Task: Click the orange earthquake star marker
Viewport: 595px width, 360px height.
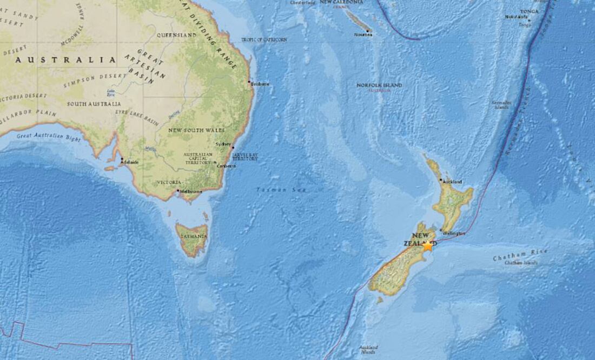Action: pos(428,246)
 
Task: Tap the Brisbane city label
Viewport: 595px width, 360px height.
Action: pos(260,84)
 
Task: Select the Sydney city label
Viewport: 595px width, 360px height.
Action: pos(223,144)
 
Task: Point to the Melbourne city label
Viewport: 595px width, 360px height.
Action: pos(191,192)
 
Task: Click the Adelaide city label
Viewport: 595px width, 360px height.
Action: pos(130,162)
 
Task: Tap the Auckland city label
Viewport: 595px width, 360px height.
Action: pos(452,182)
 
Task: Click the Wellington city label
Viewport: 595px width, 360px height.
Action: pos(454,233)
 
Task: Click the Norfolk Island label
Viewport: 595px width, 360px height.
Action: pos(379,85)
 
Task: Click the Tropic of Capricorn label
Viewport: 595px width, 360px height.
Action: pos(264,40)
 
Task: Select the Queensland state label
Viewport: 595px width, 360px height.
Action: pos(176,35)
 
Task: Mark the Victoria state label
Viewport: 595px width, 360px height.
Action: pos(169,183)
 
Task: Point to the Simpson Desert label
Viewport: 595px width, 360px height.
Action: pos(87,81)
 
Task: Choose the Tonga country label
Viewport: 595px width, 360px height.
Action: pos(530,11)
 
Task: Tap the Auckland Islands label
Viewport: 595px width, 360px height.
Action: pos(368,349)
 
